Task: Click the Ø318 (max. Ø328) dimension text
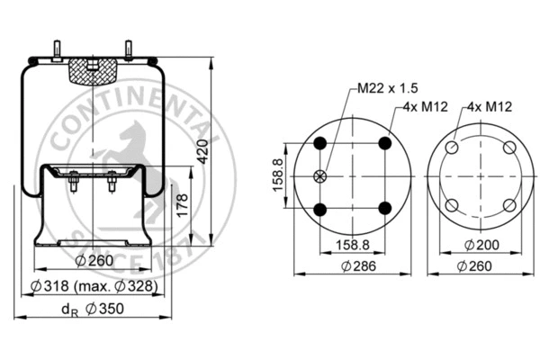(93, 286)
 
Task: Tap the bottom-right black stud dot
(385, 209)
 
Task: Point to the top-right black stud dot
(385, 143)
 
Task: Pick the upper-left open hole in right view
(453, 148)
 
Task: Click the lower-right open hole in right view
(509, 205)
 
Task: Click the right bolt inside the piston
(112, 184)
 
